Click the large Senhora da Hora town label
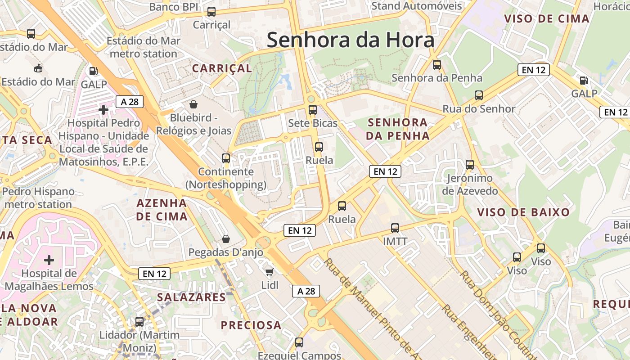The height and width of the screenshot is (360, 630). tap(351, 40)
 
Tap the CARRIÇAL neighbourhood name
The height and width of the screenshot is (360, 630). tap(222, 68)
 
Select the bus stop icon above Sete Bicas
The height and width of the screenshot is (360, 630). tap(312, 109)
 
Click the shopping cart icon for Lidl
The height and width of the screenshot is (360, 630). tap(269, 271)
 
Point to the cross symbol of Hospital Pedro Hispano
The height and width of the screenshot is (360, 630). tap(103, 109)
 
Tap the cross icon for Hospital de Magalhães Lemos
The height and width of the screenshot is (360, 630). tap(49, 260)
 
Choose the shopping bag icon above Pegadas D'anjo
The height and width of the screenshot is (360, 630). tap(225, 238)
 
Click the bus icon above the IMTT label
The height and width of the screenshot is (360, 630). tap(395, 228)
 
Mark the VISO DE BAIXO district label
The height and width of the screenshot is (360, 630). tap(523, 212)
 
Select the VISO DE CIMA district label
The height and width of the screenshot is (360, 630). tap(546, 19)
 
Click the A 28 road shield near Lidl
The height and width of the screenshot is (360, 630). tap(306, 291)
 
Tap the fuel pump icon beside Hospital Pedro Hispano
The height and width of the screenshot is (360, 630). tap(93, 71)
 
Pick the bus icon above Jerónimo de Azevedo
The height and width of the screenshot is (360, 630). tap(470, 165)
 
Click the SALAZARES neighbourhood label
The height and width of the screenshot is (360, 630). tap(191, 297)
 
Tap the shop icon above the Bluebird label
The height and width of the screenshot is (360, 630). tap(193, 104)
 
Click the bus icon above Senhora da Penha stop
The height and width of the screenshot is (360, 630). tap(436, 64)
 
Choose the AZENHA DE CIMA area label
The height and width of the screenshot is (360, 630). tap(162, 210)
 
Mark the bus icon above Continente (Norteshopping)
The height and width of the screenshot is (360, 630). tap(226, 158)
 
